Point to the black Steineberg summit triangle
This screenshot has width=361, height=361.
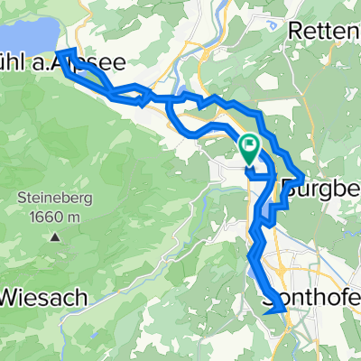pos(54,238)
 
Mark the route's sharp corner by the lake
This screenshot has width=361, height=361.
pos(63,54)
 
